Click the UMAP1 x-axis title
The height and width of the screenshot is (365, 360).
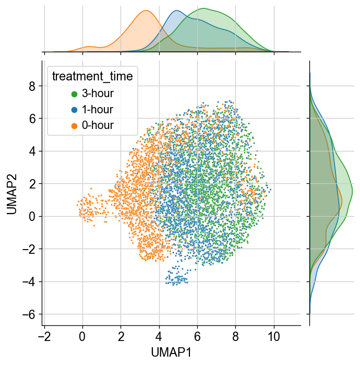(x=171, y=352)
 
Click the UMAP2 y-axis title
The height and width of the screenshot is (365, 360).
(x=11, y=194)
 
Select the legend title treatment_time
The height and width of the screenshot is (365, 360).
(x=92, y=76)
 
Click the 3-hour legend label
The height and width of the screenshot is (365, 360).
(x=98, y=93)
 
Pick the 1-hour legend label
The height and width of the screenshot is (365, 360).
(x=98, y=110)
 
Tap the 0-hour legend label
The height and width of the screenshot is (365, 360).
(x=98, y=125)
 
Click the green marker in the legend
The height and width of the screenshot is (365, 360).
(x=74, y=94)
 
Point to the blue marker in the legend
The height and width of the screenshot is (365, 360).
(x=74, y=110)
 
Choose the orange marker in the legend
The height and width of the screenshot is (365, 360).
(x=74, y=126)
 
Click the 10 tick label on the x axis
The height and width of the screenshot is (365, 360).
(x=274, y=337)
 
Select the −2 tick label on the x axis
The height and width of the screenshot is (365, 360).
(x=44, y=337)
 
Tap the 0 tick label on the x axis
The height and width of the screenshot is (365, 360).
(x=82, y=337)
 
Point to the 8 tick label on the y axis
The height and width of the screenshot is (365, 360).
(x=32, y=86)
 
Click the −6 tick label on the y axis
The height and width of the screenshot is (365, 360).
(x=29, y=314)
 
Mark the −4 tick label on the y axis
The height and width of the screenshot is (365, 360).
(x=29, y=281)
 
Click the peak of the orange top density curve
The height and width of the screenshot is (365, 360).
(x=146, y=10)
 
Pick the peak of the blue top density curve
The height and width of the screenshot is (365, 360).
(x=177, y=10)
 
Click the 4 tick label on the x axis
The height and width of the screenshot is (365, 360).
(x=159, y=337)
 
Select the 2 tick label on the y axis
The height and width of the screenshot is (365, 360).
(x=32, y=184)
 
